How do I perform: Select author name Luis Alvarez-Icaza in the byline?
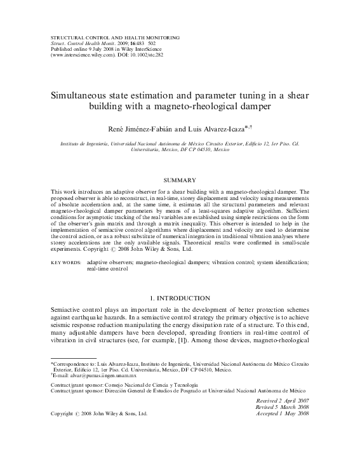[215, 129]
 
